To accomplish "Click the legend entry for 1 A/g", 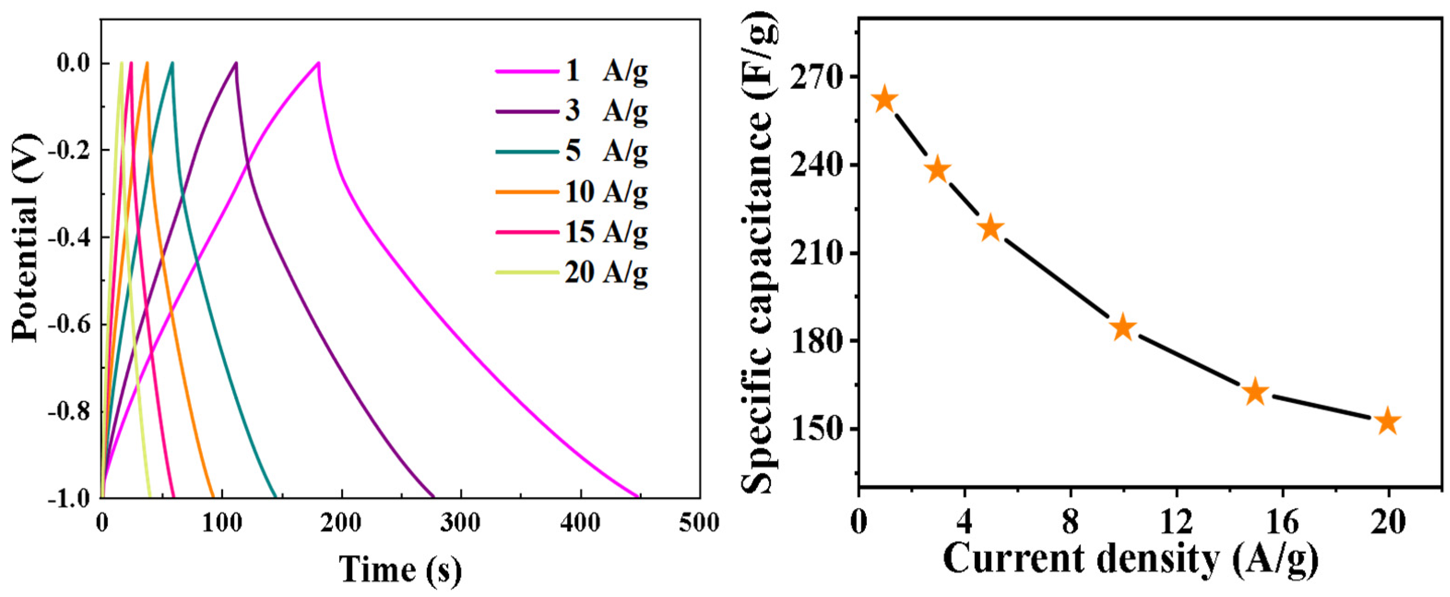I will tap(571, 72).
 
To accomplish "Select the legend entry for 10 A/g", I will tap(571, 192).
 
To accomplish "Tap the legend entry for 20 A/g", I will tap(571, 273).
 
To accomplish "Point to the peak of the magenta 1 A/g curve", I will tap(319, 62).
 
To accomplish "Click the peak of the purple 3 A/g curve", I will tap(237, 62).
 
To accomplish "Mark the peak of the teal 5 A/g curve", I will tap(172, 62).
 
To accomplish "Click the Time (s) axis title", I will tap(401, 569).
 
